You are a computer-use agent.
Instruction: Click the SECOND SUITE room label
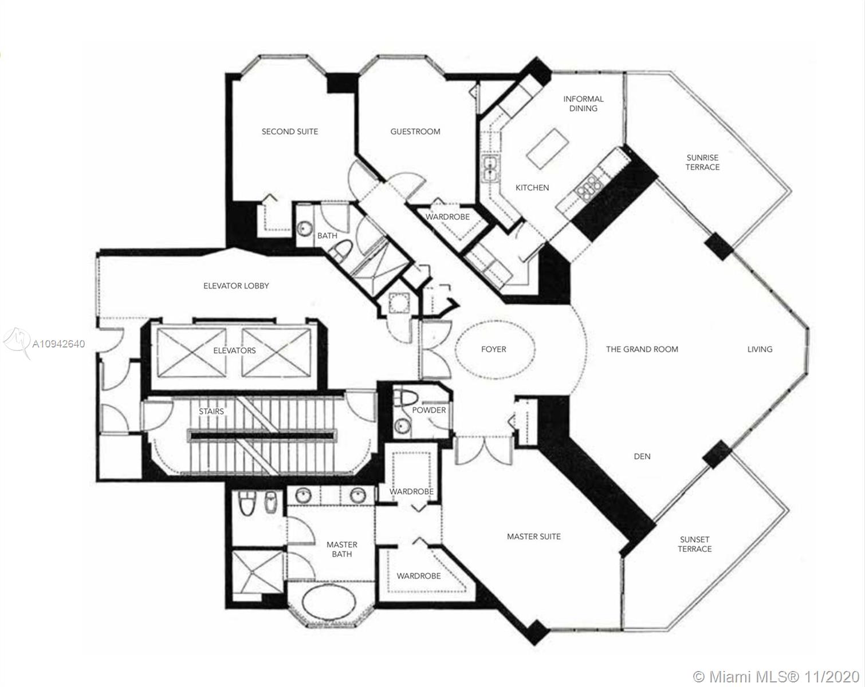click(x=290, y=131)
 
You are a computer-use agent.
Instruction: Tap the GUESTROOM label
click(x=415, y=131)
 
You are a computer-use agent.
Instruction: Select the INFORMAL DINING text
click(x=583, y=103)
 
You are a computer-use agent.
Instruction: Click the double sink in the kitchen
click(x=490, y=169)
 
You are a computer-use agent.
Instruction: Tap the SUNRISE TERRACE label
click(x=703, y=163)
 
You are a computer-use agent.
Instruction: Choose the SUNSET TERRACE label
click(x=694, y=544)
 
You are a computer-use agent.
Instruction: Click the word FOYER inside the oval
click(x=494, y=349)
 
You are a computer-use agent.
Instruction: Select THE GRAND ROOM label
click(x=642, y=349)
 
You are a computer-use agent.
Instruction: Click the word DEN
click(x=642, y=456)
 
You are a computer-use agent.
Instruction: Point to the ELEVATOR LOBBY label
click(x=236, y=286)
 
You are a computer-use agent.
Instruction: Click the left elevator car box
click(x=191, y=353)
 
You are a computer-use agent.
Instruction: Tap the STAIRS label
click(x=211, y=412)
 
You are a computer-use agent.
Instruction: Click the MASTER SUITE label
click(x=534, y=536)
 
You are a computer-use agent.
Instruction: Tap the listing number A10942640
click(x=58, y=344)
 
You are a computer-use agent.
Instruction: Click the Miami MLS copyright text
click(x=777, y=677)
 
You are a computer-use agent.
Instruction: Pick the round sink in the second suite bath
click(x=305, y=228)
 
